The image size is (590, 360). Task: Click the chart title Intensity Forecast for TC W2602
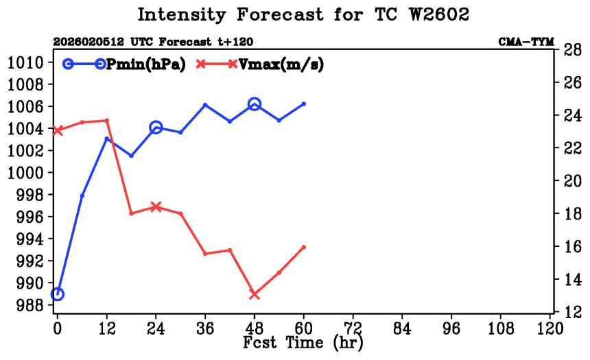click(x=303, y=14)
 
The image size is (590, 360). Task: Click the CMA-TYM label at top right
click(x=526, y=42)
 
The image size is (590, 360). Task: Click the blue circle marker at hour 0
click(x=58, y=293)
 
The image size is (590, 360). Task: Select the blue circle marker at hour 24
click(x=156, y=127)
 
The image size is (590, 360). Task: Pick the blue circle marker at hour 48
click(x=255, y=104)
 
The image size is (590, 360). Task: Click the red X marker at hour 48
click(x=255, y=294)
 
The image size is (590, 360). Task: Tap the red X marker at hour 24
click(x=156, y=206)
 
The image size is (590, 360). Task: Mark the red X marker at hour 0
click(x=58, y=130)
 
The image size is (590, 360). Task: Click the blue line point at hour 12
click(x=107, y=139)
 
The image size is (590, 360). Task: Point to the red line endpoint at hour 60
click(x=304, y=247)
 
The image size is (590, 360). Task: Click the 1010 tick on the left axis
click(x=27, y=62)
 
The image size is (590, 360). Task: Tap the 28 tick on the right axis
click(x=574, y=49)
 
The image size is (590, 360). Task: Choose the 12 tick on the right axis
click(x=574, y=312)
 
